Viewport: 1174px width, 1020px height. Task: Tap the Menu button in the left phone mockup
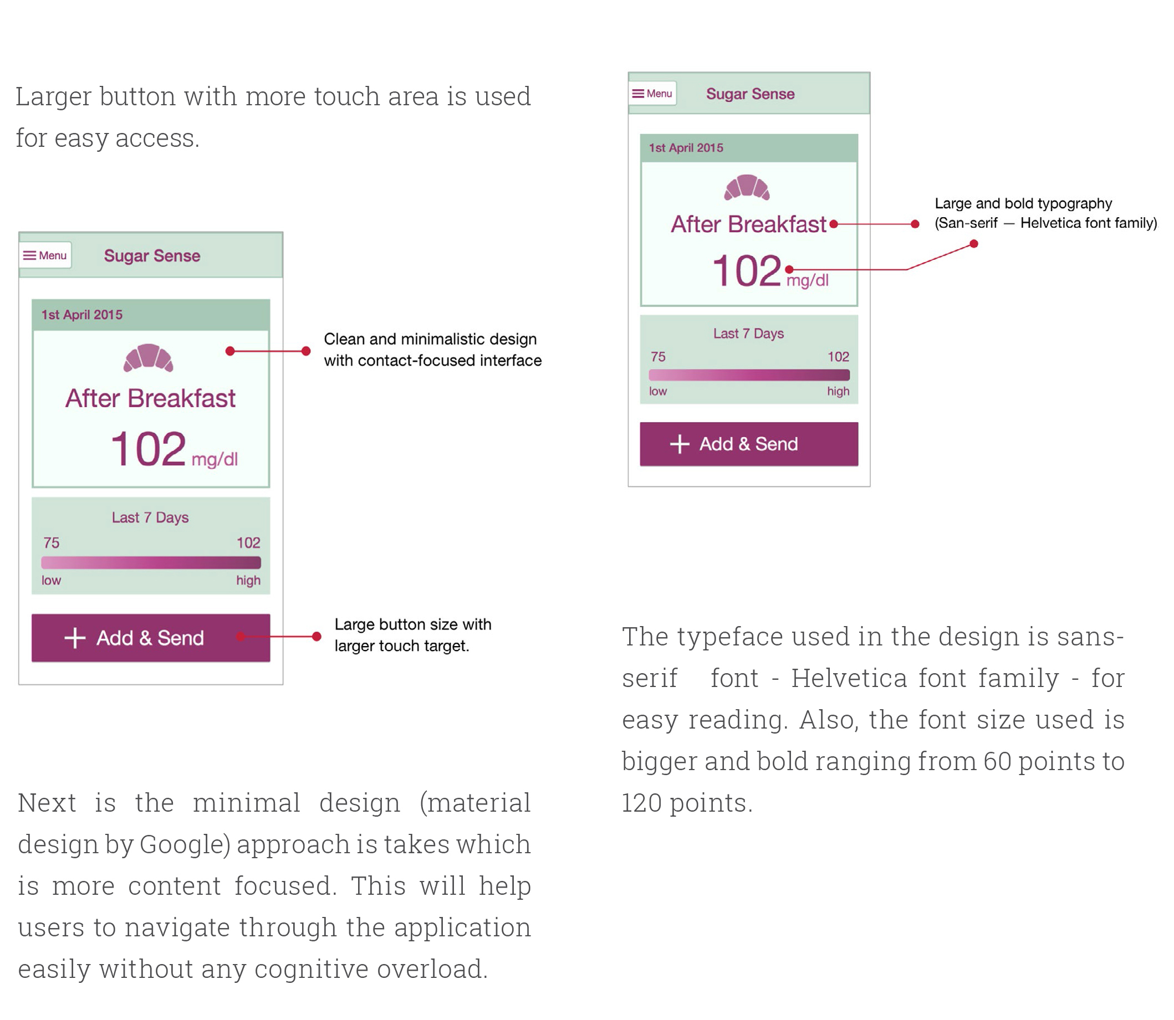pyautogui.click(x=45, y=255)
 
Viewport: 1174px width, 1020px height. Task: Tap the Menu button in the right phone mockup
pyautogui.click(x=652, y=93)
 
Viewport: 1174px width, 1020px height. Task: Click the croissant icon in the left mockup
pyautogui.click(x=148, y=358)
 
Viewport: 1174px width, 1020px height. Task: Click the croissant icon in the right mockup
pyautogui.click(x=747, y=187)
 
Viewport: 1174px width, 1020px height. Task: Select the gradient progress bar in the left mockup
pyautogui.click(x=151, y=563)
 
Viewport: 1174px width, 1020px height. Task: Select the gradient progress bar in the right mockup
pyautogui.click(x=749, y=375)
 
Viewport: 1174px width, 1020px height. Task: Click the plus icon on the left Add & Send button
pyautogui.click(x=75, y=638)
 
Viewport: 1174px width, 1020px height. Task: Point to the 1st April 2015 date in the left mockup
pyautogui.click(x=82, y=315)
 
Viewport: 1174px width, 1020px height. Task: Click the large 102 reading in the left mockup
pyautogui.click(x=148, y=449)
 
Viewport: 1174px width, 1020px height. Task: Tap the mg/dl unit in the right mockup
pyautogui.click(x=808, y=280)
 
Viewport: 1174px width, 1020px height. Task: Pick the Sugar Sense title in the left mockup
pyautogui.click(x=152, y=256)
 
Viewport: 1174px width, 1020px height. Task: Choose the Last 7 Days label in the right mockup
pyautogui.click(x=749, y=334)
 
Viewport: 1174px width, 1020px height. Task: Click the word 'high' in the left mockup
pyautogui.click(x=248, y=581)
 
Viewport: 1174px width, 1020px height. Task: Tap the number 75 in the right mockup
pyautogui.click(x=658, y=357)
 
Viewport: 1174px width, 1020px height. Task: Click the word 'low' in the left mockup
pyautogui.click(x=51, y=581)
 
